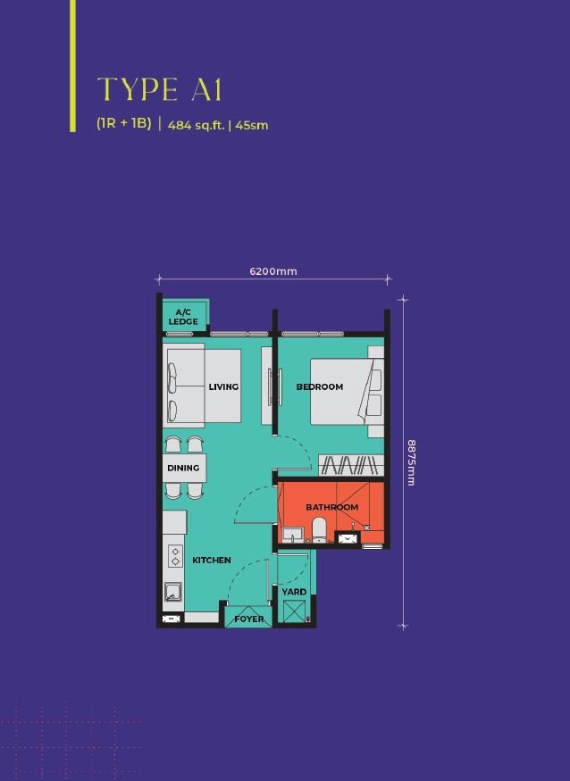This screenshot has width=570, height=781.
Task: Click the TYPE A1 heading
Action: tap(159, 89)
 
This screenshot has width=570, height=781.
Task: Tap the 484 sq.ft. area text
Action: tap(196, 125)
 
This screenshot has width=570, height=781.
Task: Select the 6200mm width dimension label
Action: tap(273, 271)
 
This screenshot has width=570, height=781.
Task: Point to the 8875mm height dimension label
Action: tap(411, 462)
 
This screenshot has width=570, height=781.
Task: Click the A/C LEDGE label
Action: tap(183, 317)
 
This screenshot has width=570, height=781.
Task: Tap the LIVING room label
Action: tap(223, 387)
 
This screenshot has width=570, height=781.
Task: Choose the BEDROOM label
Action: tap(320, 387)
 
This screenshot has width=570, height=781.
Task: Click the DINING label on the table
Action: tap(183, 468)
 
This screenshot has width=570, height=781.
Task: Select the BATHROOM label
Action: tap(331, 507)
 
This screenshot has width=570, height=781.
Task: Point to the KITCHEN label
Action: tap(212, 560)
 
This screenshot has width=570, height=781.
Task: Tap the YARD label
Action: tap(294, 592)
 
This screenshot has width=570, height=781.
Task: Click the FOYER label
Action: tap(249, 619)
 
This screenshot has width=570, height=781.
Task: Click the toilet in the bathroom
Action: tap(319, 530)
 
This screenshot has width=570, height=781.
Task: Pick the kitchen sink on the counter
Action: tap(173, 592)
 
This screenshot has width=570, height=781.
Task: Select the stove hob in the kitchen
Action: tap(174, 556)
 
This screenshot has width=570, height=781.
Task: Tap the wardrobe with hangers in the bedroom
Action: tap(351, 465)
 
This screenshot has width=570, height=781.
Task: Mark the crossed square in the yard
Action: tap(293, 611)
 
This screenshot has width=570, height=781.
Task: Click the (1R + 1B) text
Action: tap(124, 123)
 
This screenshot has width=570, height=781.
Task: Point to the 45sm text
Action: tap(252, 125)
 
